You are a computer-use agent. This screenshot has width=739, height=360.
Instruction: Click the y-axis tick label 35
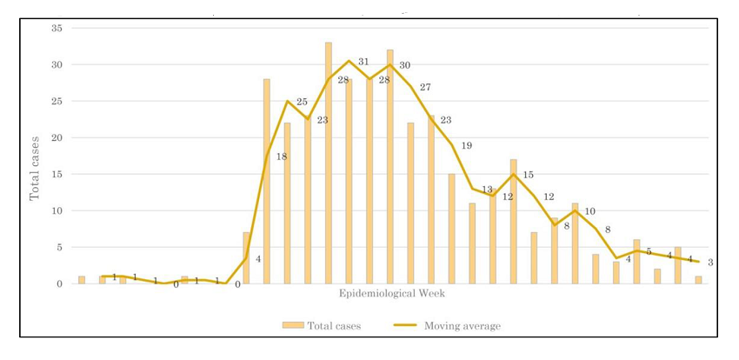click(57, 28)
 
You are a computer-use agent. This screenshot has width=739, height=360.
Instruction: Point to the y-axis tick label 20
click(57, 137)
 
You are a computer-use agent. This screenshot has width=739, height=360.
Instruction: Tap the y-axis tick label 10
click(57, 210)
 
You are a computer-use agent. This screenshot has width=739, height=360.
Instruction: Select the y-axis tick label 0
click(60, 283)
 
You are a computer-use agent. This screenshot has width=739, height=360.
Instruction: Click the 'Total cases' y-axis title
click(36, 167)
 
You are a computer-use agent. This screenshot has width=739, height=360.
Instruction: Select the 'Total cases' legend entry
click(321, 326)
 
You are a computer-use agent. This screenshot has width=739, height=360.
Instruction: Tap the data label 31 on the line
click(363, 62)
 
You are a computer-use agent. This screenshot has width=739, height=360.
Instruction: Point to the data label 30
click(404, 65)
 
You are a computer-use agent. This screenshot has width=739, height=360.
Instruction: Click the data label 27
click(425, 87)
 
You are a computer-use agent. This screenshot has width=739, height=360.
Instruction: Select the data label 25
click(302, 102)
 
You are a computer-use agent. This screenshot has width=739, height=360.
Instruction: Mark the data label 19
click(466, 145)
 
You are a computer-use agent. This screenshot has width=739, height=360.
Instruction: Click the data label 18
click(282, 157)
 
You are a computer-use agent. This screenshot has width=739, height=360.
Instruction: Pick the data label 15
click(528, 175)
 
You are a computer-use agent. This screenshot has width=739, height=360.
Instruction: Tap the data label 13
click(487, 190)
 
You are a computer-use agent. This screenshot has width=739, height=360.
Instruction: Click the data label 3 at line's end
click(710, 263)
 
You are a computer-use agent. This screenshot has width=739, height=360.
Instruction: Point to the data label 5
click(649, 251)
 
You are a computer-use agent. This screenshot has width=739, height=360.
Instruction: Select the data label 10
click(589, 211)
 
